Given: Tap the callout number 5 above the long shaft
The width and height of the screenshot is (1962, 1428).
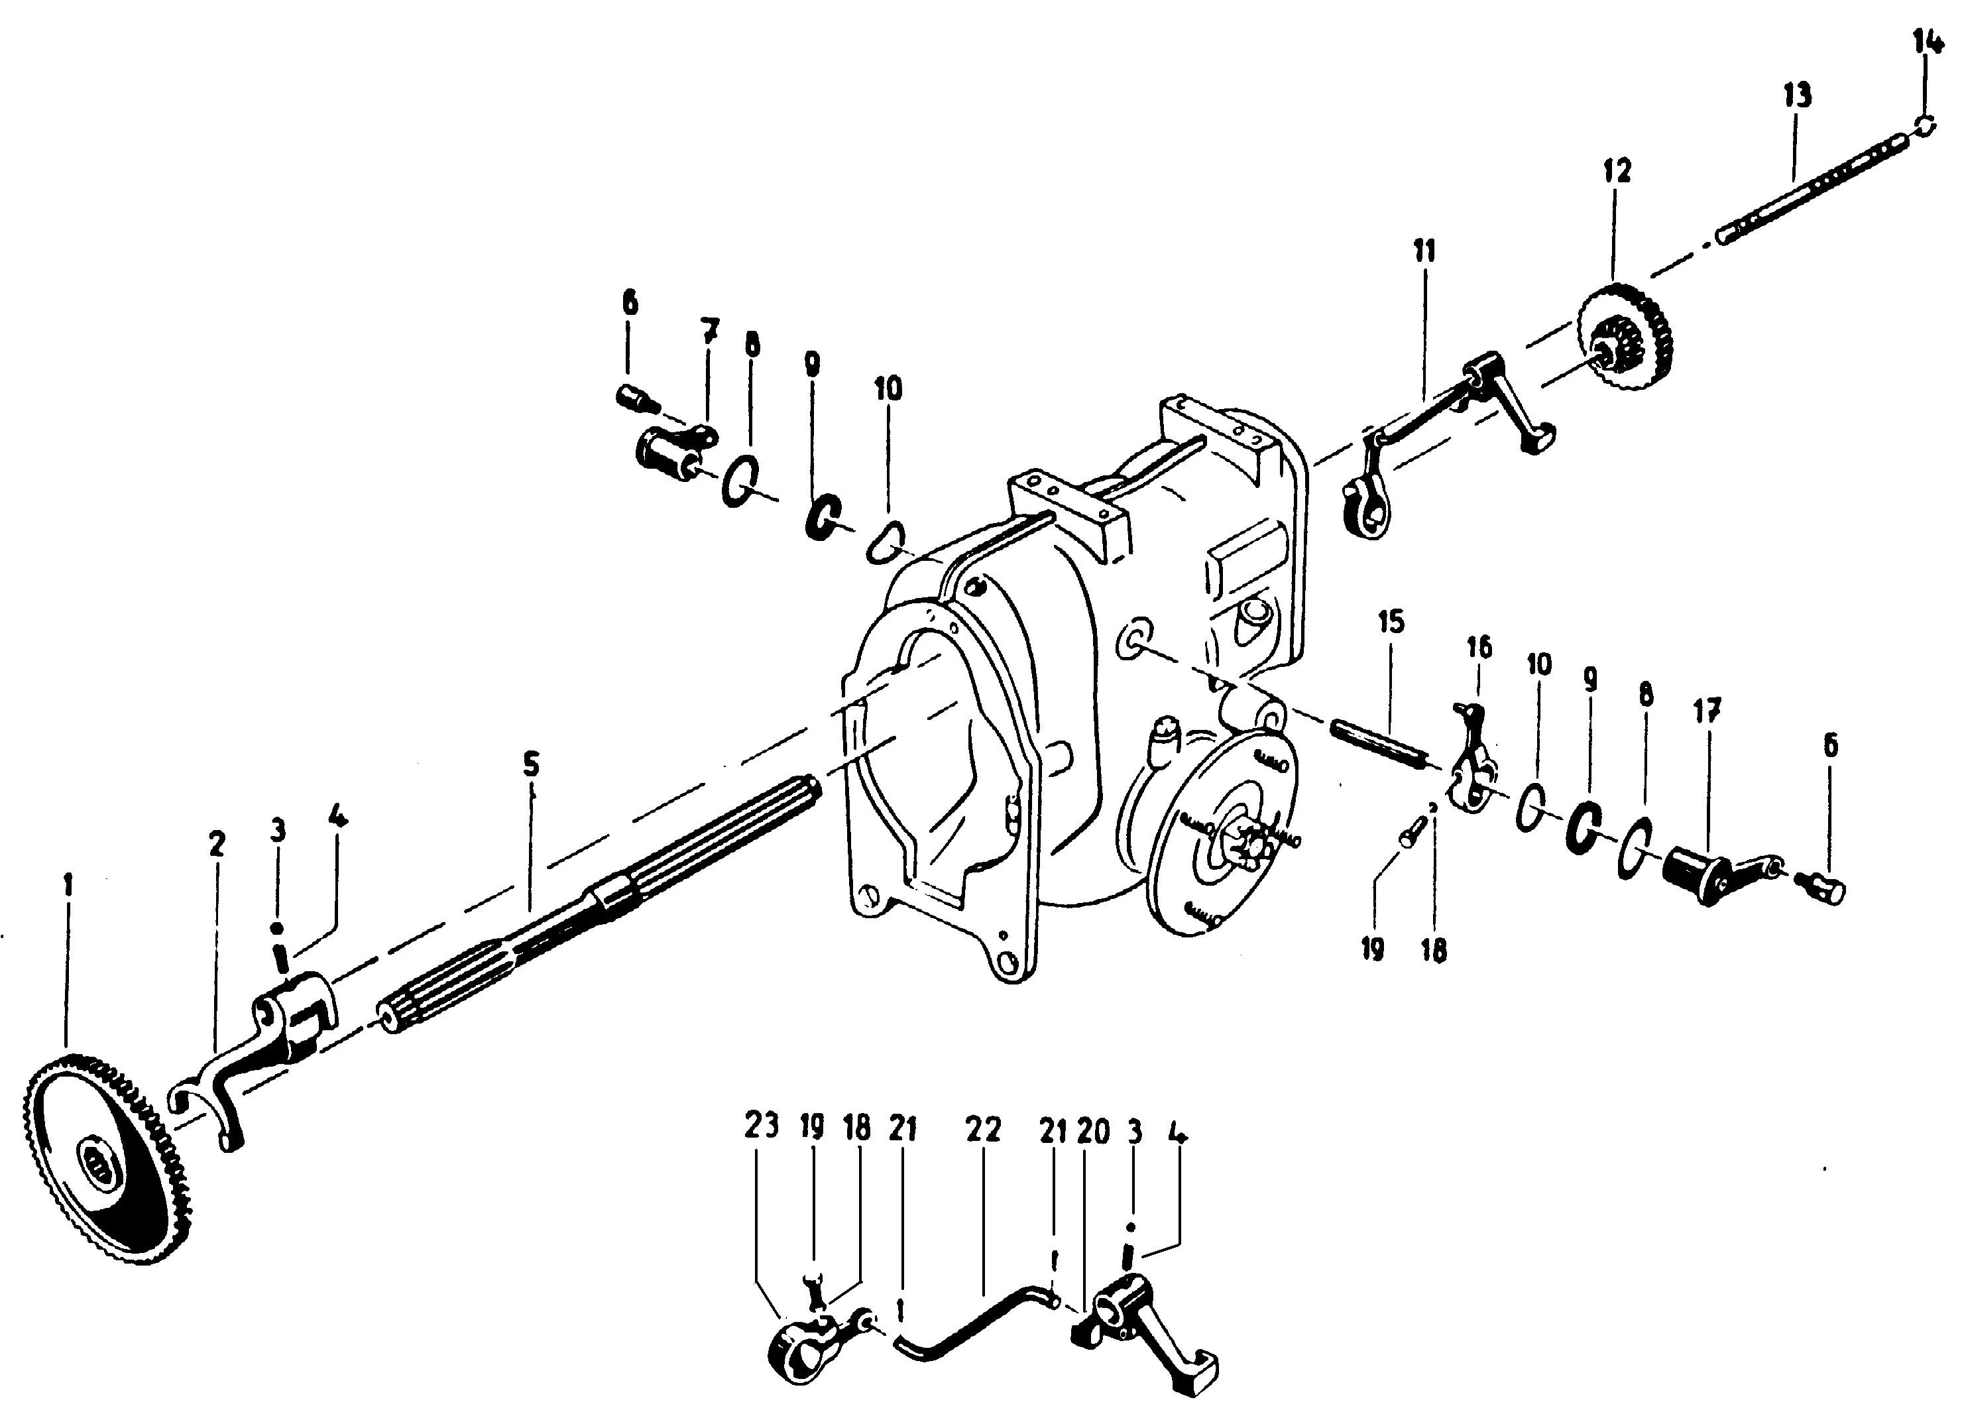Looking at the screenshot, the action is coord(531,764).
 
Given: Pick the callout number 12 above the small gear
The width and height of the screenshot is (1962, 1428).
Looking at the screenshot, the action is coord(1616,170).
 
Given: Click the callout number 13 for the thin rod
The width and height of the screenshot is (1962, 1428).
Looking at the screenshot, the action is coord(1797,96).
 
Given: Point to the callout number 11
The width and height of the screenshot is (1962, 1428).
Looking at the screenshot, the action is coord(1424,251).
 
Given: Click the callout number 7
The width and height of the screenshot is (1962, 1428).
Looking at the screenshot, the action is coord(709,331).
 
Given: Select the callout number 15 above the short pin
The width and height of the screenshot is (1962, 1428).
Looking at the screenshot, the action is coord(1391,621).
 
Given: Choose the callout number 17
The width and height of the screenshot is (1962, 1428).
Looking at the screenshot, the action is coord(1707,711).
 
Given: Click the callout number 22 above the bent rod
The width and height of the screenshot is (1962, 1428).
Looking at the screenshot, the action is coord(983,1130).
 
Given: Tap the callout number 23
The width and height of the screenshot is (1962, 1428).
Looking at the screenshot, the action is coord(762,1125).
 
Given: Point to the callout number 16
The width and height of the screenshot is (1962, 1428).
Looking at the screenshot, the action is coord(1479,647).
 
